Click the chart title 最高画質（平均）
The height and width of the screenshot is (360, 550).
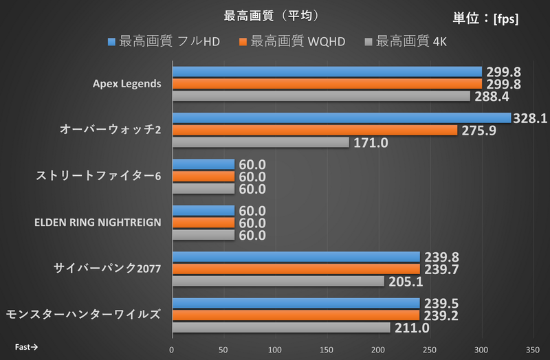point(272,14)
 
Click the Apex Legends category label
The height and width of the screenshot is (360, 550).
point(127,84)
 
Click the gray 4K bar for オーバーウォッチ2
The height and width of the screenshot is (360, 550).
point(261,142)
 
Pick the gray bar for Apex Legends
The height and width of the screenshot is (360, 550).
point(321,96)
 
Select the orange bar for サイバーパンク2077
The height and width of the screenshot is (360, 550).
point(296,269)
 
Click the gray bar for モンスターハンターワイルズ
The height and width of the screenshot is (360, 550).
point(281,328)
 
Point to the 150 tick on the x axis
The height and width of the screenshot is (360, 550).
point(327,349)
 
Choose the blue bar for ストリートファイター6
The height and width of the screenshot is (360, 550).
point(203,164)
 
